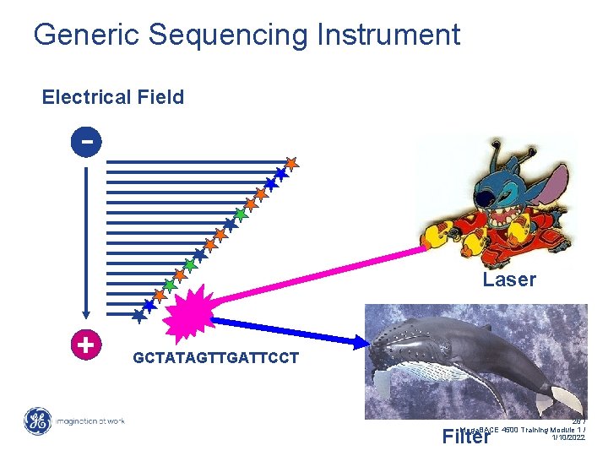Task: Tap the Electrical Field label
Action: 112,97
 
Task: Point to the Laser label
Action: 509,280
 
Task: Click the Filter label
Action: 466,437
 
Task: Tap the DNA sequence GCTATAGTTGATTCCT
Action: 215,357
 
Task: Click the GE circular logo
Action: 37,421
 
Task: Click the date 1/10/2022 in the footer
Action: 567,437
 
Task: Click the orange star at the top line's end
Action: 290,162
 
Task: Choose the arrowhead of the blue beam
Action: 364,341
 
